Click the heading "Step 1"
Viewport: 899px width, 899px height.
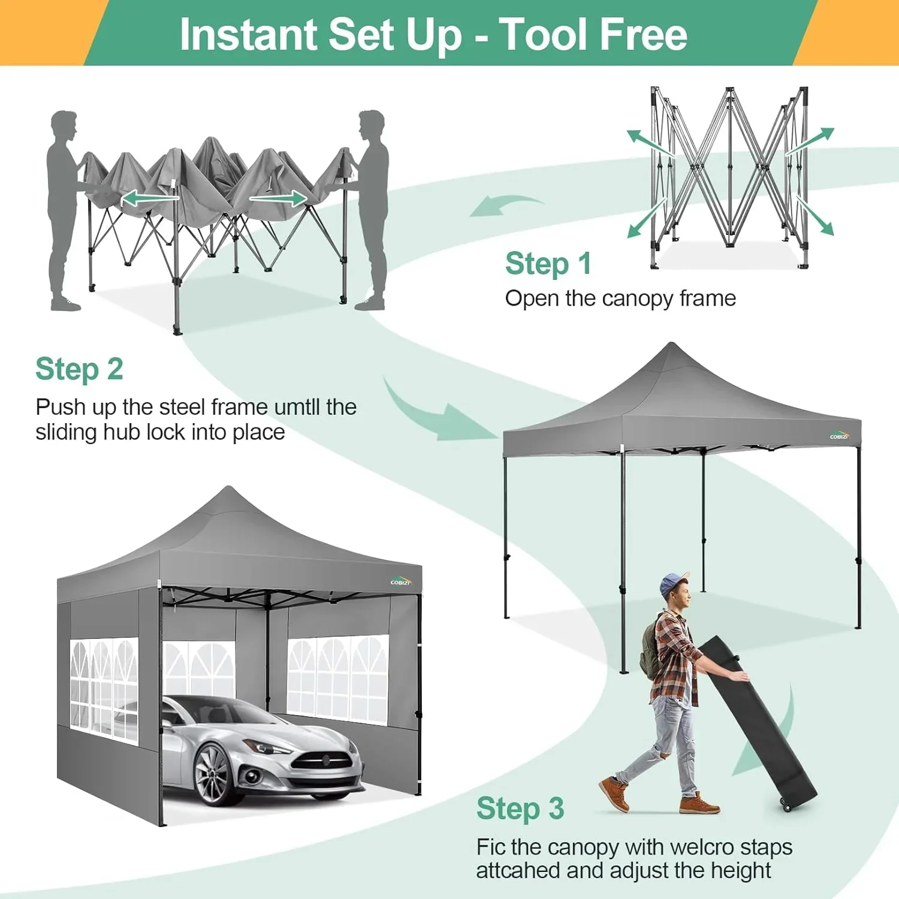(x=548, y=264)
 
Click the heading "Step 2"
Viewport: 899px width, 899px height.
(x=79, y=369)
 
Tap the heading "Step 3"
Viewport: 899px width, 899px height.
(x=520, y=809)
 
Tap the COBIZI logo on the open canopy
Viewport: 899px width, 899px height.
(x=839, y=436)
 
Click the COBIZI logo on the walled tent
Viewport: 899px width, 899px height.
(x=400, y=581)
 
